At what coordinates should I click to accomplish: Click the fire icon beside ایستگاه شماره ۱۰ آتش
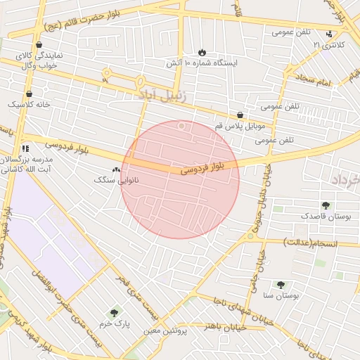click(x=202, y=53)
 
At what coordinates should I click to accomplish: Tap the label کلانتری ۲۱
click(x=329, y=44)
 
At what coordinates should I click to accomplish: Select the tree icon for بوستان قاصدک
click(x=325, y=205)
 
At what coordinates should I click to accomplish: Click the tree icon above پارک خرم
click(x=114, y=313)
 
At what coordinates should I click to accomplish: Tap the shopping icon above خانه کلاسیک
click(x=29, y=94)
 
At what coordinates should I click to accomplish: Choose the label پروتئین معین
click(x=165, y=330)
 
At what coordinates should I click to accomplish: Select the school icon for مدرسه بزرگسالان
click(x=25, y=148)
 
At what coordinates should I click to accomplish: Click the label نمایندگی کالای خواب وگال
click(x=39, y=60)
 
